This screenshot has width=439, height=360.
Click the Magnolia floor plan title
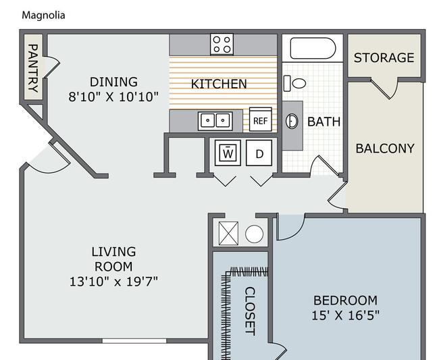pyautogui.click(x=43, y=15)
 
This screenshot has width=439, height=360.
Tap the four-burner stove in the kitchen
pyautogui.click(x=222, y=44)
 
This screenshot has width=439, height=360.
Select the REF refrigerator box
pyautogui.click(x=261, y=120)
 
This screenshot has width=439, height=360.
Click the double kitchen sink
pyautogui.click(x=215, y=121)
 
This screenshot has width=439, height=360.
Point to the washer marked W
pyautogui.click(x=228, y=153)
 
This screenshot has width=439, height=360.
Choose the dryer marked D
pyautogui.click(x=259, y=153)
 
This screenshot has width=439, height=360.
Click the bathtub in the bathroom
pyautogui.click(x=313, y=48)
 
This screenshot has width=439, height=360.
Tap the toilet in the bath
pyautogui.click(x=295, y=83)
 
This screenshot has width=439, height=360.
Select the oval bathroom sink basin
pyautogui.click(x=292, y=121)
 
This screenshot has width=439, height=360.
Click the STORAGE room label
pyautogui.click(x=384, y=57)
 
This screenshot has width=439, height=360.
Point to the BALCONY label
pyautogui.click(x=385, y=149)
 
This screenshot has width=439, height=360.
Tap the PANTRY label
pyautogui.click(x=33, y=68)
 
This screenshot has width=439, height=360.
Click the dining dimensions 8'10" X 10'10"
pyautogui.click(x=113, y=97)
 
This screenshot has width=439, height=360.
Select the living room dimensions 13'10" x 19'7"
pyautogui.click(x=113, y=282)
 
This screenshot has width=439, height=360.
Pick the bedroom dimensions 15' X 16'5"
pyautogui.click(x=345, y=315)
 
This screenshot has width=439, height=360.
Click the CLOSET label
pyautogui.click(x=250, y=311)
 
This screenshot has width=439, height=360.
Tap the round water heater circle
pyautogui.click(x=254, y=234)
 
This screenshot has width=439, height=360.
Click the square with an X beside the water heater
pyautogui.click(x=228, y=234)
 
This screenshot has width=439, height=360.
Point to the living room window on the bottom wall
pyautogui.click(x=134, y=341)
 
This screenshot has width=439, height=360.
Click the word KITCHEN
pyautogui.click(x=219, y=84)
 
